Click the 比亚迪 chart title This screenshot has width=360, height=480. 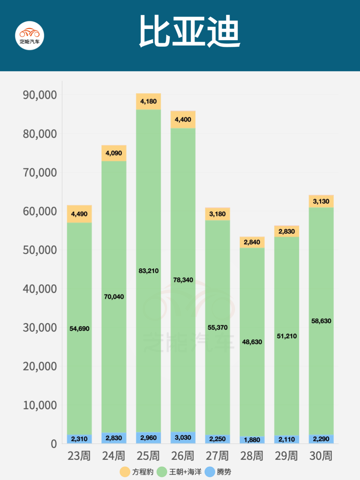point(189,32)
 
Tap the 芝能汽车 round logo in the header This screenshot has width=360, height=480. point(30,36)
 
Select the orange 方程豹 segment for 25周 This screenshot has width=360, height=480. point(148,102)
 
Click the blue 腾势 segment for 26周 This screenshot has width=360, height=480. point(183,438)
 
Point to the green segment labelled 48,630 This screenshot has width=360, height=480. point(252,342)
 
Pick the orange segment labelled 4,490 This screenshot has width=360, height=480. point(79,214)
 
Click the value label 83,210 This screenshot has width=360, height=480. point(149,271)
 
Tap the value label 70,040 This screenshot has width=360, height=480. point(114,297)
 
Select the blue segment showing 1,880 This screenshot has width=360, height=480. point(252,440)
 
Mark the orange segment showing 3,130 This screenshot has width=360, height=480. point(321,201)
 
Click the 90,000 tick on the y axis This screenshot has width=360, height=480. point(40,95)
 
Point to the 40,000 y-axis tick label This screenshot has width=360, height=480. point(40,289)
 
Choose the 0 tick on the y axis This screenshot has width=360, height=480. point(54,444)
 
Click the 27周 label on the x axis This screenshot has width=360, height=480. point(217,456)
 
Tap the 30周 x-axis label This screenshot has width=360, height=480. point(321,456)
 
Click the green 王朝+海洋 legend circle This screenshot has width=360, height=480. point(162,472)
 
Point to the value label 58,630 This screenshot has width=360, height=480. point(321,321)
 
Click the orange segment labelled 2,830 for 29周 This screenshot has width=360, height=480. point(287,231)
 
